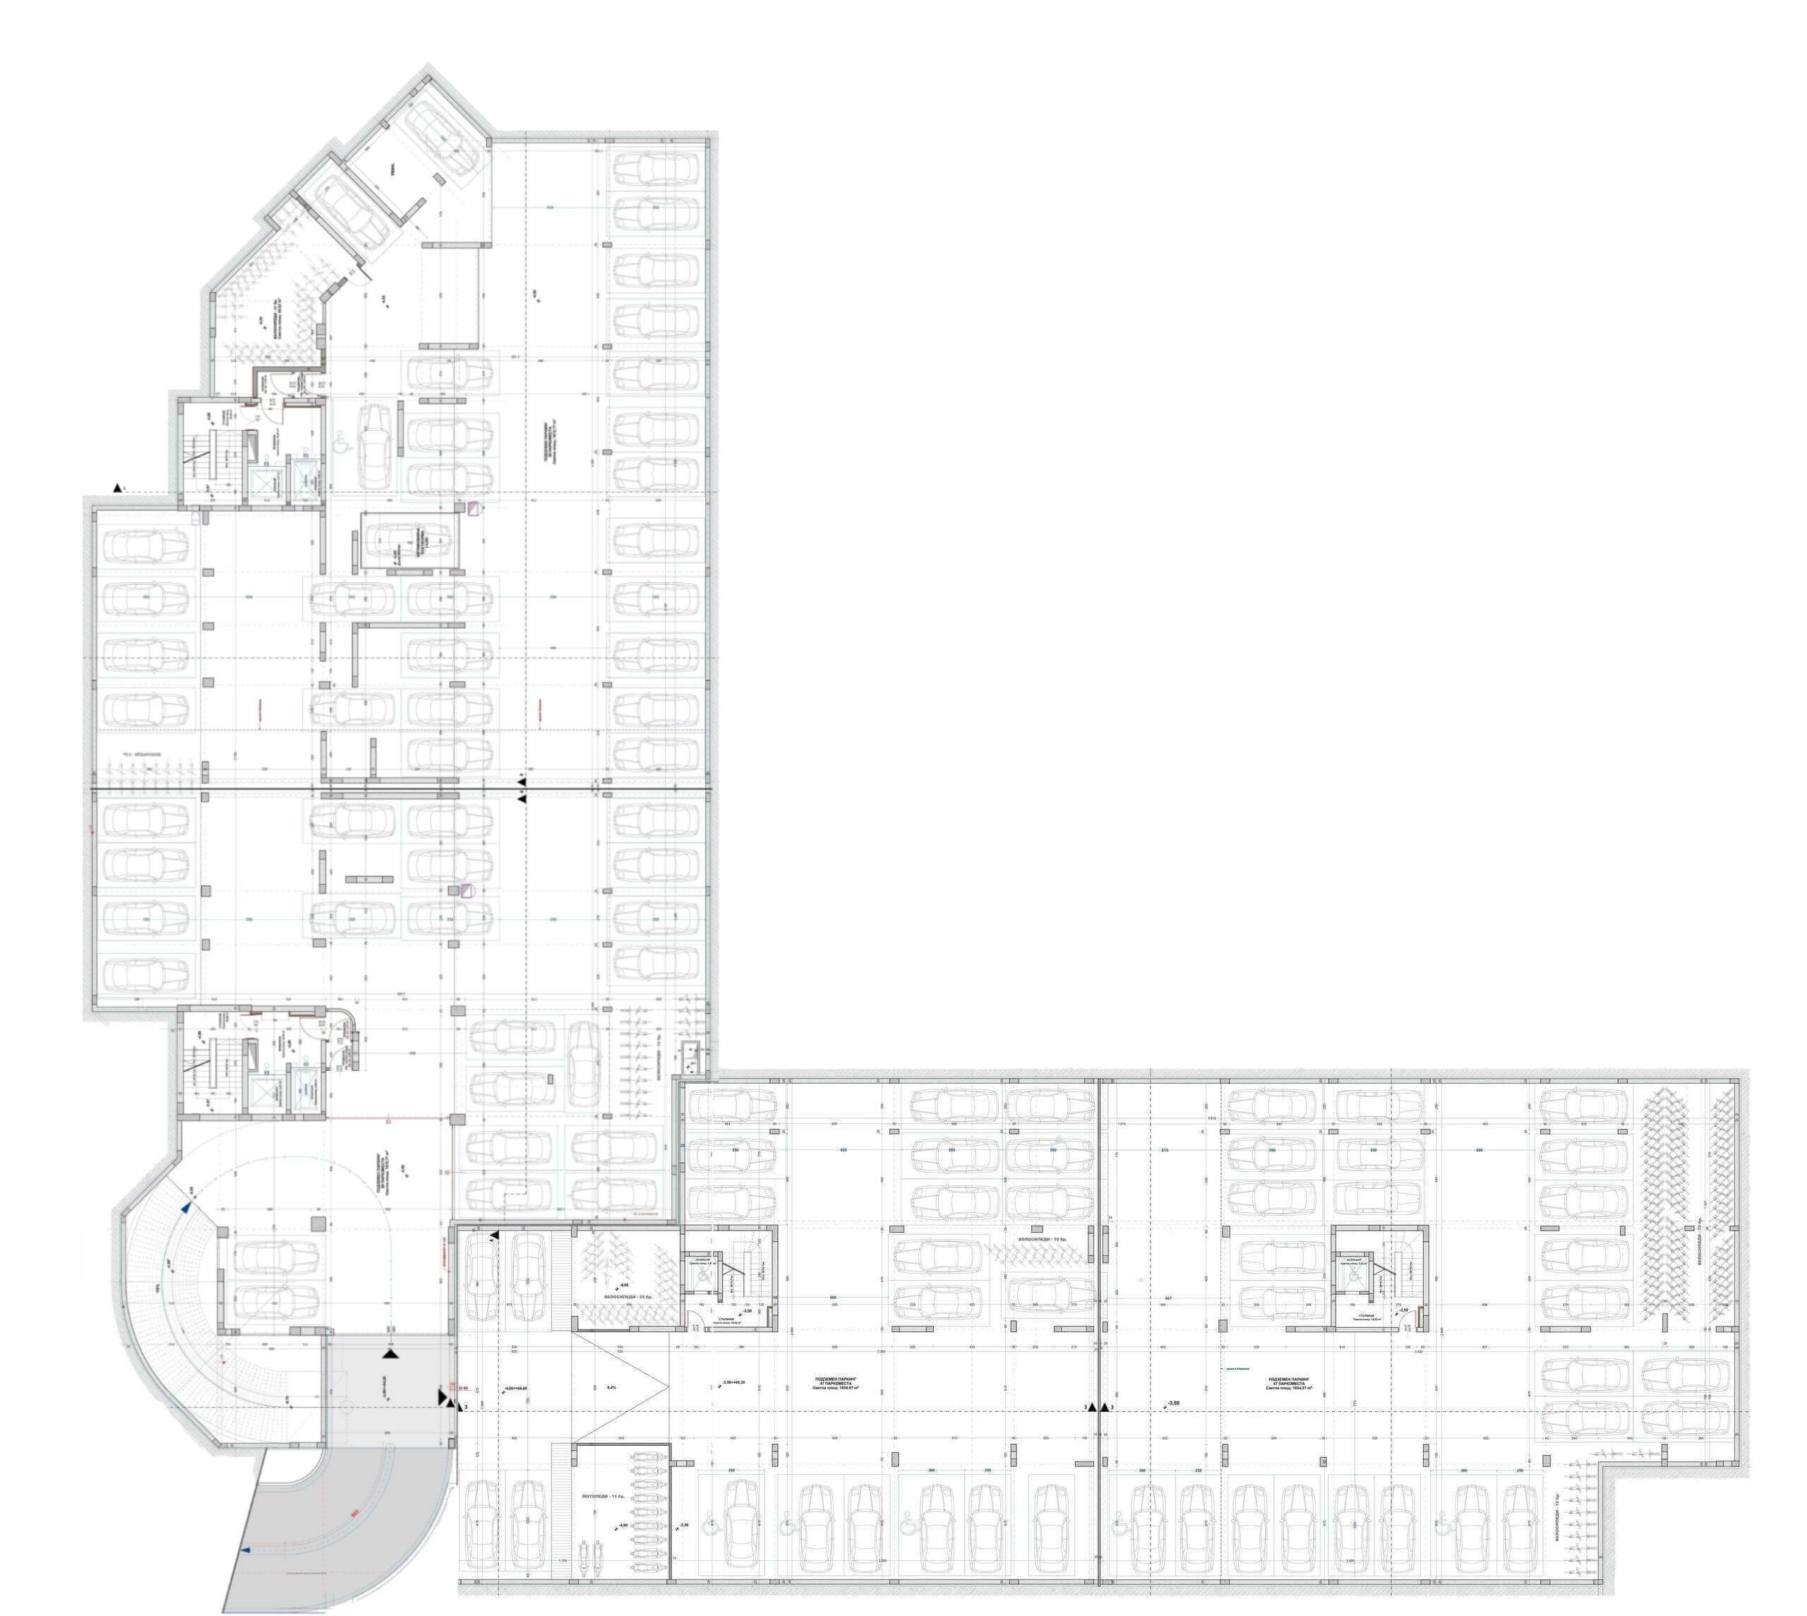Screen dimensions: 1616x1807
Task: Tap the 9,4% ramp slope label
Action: pos(611,1386)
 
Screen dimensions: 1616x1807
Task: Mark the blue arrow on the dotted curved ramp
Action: pos(186,1207)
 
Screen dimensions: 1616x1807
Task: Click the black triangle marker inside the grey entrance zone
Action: pos(390,1354)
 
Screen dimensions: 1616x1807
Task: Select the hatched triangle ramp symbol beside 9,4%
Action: pos(621,1386)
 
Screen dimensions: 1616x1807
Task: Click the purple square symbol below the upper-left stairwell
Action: pos(474,509)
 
